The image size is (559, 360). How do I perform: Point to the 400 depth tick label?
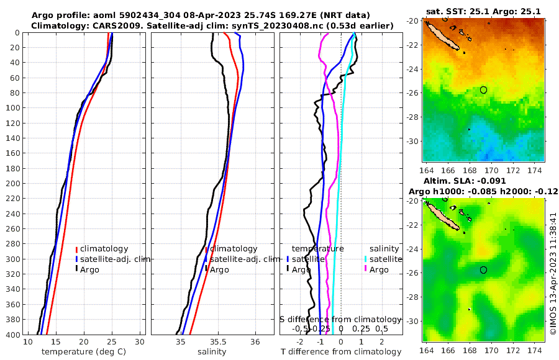tap(12, 335)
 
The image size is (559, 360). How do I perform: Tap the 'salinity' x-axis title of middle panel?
tap(211, 352)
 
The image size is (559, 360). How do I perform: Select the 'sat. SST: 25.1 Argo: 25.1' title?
tap(483, 11)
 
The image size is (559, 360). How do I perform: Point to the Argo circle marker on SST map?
tap(484, 90)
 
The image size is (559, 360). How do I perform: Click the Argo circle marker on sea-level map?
tap(484, 270)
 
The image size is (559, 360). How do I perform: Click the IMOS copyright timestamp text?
tap(553, 273)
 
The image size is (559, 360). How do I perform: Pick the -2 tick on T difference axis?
tap(300, 342)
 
